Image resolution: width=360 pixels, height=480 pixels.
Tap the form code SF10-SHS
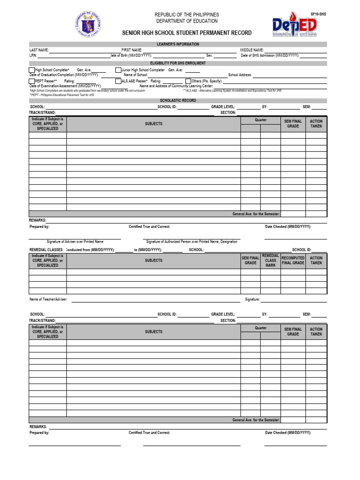click(x=318, y=15)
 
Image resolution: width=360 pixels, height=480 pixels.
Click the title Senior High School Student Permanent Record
click(x=187, y=33)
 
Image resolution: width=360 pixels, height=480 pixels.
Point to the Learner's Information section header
click(x=178, y=44)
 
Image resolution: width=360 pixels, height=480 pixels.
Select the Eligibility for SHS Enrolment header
click(x=178, y=62)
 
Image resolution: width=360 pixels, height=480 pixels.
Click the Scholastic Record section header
click(x=178, y=100)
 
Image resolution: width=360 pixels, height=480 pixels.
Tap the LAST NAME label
click(x=39, y=50)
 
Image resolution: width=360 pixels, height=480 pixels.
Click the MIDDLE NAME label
click(x=252, y=50)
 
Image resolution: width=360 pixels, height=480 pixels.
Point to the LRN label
click(x=33, y=55)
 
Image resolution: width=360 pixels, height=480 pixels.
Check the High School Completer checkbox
click(x=32, y=70)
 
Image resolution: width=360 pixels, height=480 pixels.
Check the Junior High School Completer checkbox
click(x=118, y=70)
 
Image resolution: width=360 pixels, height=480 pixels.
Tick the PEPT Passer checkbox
click(x=32, y=81)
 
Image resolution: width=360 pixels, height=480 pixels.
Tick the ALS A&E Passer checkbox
click(x=118, y=81)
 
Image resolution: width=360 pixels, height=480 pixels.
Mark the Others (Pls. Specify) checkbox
click(x=188, y=81)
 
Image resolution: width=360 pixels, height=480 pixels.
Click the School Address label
click(x=240, y=75)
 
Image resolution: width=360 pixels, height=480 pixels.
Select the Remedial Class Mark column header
click(x=270, y=261)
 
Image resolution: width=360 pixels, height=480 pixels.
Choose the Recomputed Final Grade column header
click(x=293, y=261)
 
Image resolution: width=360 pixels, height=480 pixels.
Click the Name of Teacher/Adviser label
click(x=48, y=299)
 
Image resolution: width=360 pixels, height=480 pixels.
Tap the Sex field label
click(x=210, y=55)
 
